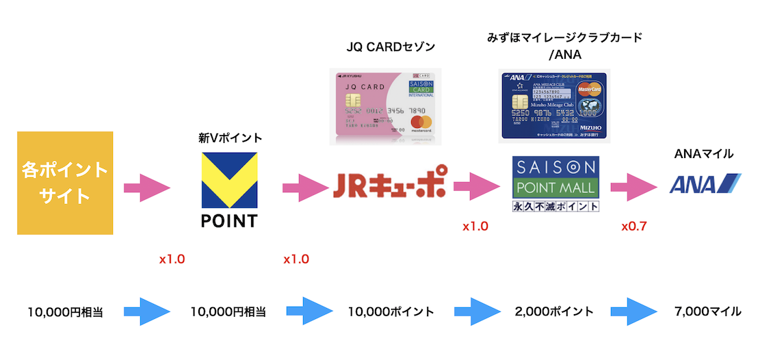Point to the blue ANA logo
[705, 183]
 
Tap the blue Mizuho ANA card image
[555, 104]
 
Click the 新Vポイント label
[230, 138]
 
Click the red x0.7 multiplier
[634, 226]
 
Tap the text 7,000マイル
[707, 311]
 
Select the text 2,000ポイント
[553, 311]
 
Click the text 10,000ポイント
[391, 311]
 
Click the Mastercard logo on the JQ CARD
[421, 124]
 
